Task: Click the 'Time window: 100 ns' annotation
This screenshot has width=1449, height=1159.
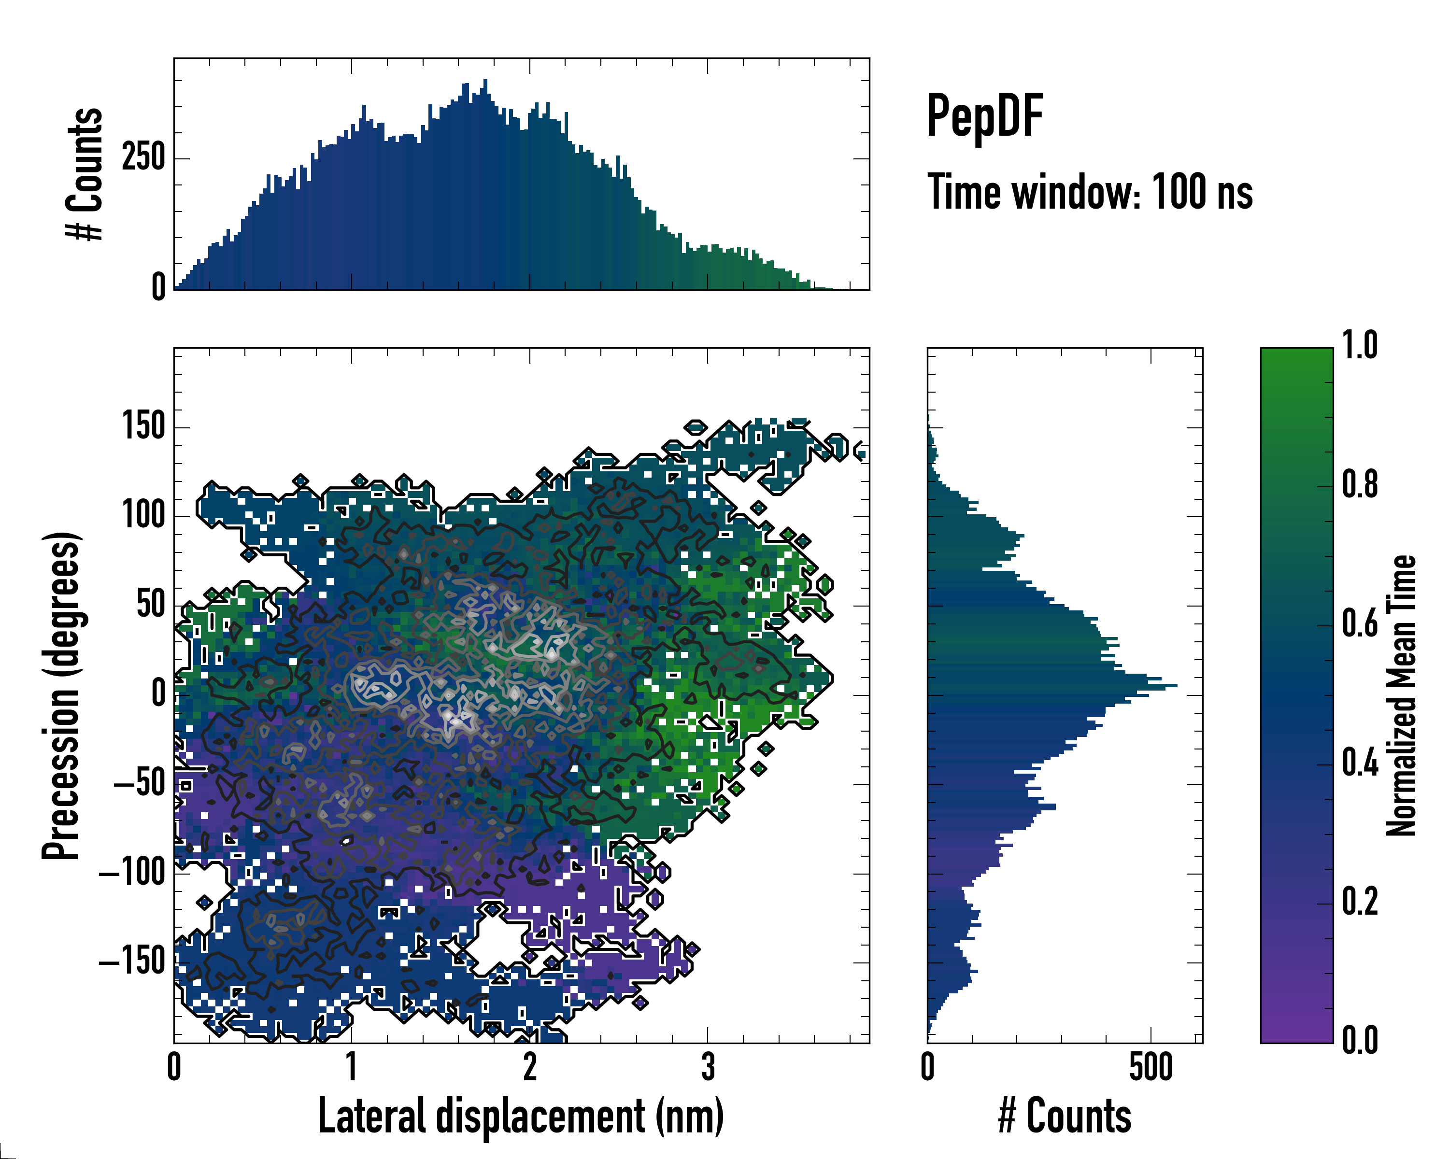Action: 1090,192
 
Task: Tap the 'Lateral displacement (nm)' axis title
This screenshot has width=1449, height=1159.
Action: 520,1116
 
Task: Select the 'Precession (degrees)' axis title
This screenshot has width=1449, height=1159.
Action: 61,695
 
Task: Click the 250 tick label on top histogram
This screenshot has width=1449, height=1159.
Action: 143,158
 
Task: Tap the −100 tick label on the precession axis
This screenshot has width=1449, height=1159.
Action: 132,873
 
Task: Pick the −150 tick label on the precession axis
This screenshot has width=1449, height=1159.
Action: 132,962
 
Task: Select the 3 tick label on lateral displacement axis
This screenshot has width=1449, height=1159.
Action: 708,1067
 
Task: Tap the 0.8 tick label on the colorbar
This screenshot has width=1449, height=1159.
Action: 1360,484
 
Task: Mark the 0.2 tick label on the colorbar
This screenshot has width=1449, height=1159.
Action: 1360,902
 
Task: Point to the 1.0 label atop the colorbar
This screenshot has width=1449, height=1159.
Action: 1360,345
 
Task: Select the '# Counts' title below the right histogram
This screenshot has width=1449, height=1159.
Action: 1065,1116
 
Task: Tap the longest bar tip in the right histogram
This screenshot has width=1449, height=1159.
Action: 1176,685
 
